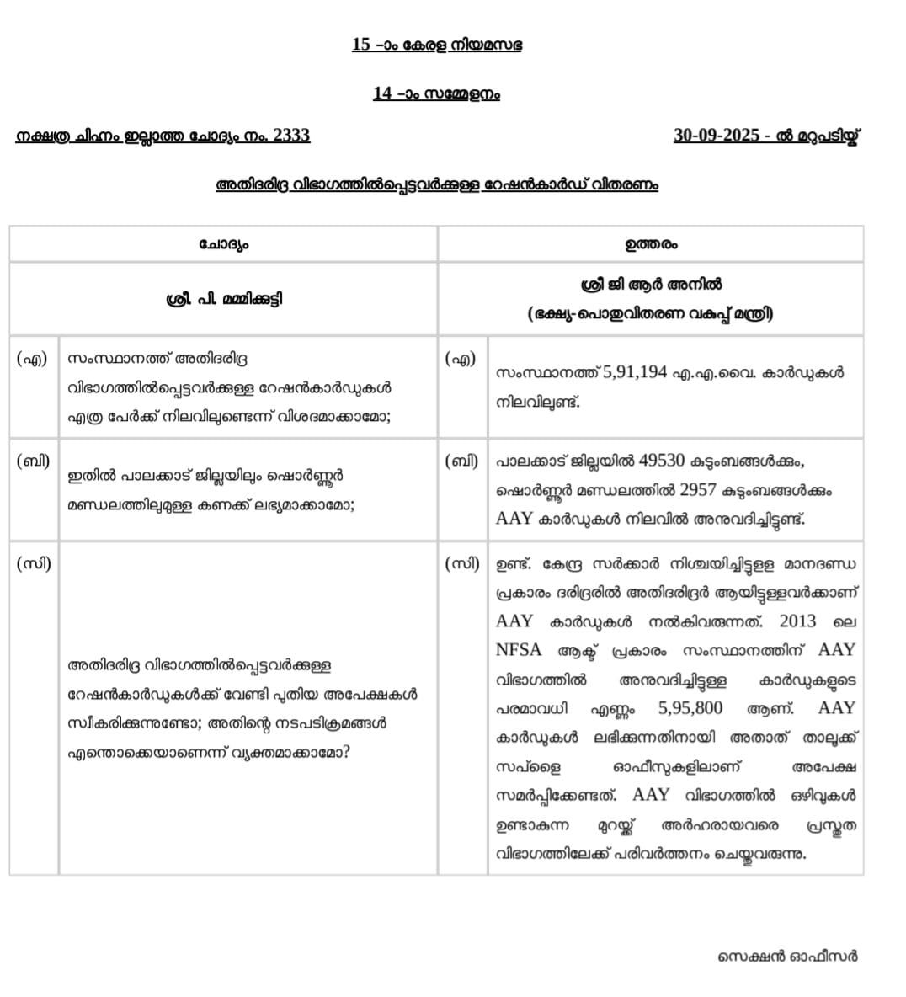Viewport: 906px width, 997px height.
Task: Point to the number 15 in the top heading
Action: pyautogui.click(x=361, y=45)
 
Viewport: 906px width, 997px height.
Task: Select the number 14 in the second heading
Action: pyautogui.click(x=382, y=93)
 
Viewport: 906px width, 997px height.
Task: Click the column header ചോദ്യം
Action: pyautogui.click(x=224, y=244)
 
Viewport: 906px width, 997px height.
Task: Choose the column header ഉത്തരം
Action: pyautogui.click(x=651, y=244)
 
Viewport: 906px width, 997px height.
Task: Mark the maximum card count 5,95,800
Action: pyautogui.click(x=690, y=708)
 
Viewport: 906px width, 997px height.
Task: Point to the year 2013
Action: pyautogui.click(x=797, y=621)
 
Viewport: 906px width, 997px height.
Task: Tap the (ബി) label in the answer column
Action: pyautogui.click(x=461, y=461)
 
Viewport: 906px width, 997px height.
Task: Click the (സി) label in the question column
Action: pyautogui.click(x=34, y=564)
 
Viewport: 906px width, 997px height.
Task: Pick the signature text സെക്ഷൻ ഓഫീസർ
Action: pyautogui.click(x=787, y=956)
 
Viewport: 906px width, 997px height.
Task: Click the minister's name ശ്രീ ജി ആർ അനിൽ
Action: pyautogui.click(x=651, y=285)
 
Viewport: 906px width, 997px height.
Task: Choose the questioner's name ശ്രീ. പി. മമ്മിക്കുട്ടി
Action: pyautogui.click(x=224, y=299)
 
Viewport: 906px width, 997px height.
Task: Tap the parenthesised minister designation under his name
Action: pyautogui.click(x=651, y=314)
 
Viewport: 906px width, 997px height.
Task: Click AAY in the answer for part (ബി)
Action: pyautogui.click(x=514, y=519)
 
